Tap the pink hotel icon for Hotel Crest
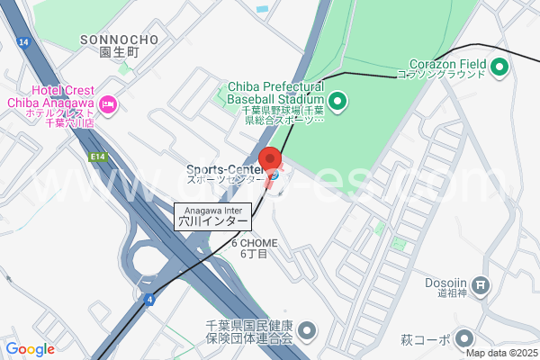pos(108,105)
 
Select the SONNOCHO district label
pos(119,40)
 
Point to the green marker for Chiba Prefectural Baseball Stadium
pos(337,100)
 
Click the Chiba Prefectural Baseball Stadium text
pos(275,91)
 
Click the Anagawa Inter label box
pos(211,215)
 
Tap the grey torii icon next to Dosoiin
pos(481,287)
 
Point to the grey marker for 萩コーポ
pos(464,338)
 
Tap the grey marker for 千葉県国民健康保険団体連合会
pos(307,329)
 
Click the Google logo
pos(30,349)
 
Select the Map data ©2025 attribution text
pos(500,353)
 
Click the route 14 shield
pos(22,42)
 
